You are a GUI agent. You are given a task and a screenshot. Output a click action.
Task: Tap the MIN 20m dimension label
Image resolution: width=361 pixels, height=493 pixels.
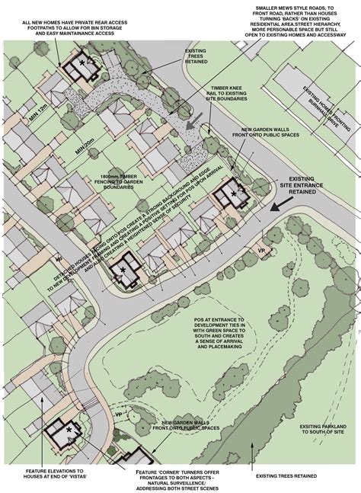click(85, 145)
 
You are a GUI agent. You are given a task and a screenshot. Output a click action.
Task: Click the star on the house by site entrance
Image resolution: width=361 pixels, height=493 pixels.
click(234, 194)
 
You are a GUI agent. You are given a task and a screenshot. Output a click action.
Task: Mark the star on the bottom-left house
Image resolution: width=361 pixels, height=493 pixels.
click(69, 431)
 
